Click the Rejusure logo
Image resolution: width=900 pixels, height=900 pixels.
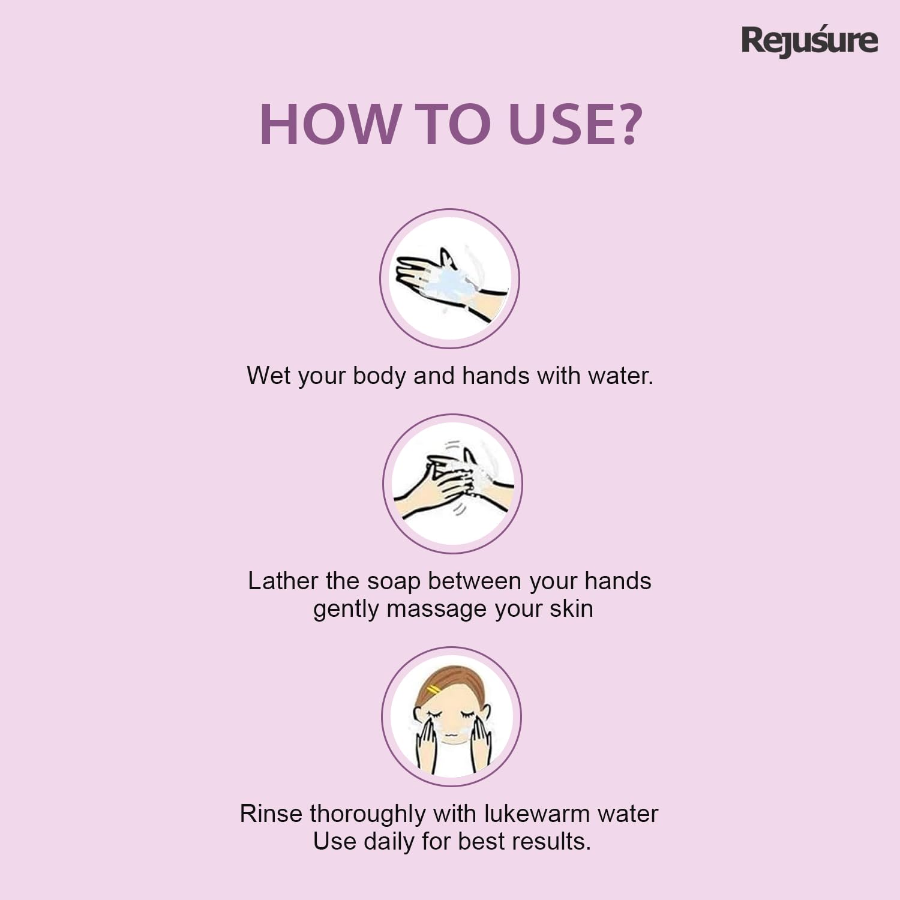(809, 41)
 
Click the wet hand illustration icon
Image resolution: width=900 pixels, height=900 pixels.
(449, 278)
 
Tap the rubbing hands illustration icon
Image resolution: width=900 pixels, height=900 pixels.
(452, 484)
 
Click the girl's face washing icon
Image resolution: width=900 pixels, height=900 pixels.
(451, 716)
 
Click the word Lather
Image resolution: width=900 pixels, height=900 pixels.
(283, 581)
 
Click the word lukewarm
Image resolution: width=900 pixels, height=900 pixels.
(529, 814)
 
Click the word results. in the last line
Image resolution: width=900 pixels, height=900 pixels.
(553, 841)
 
